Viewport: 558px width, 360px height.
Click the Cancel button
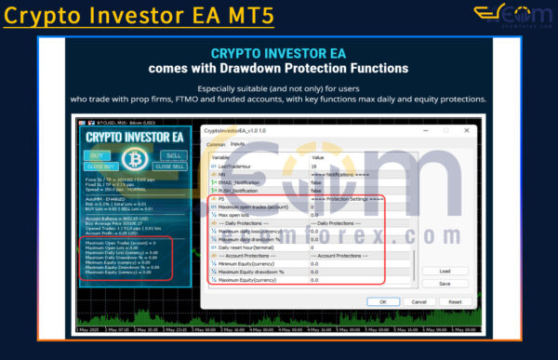(x=418, y=301)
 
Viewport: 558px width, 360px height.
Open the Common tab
(x=215, y=144)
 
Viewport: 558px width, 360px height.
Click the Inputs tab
(x=237, y=144)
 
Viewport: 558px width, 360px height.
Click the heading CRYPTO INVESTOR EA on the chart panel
(x=133, y=137)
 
